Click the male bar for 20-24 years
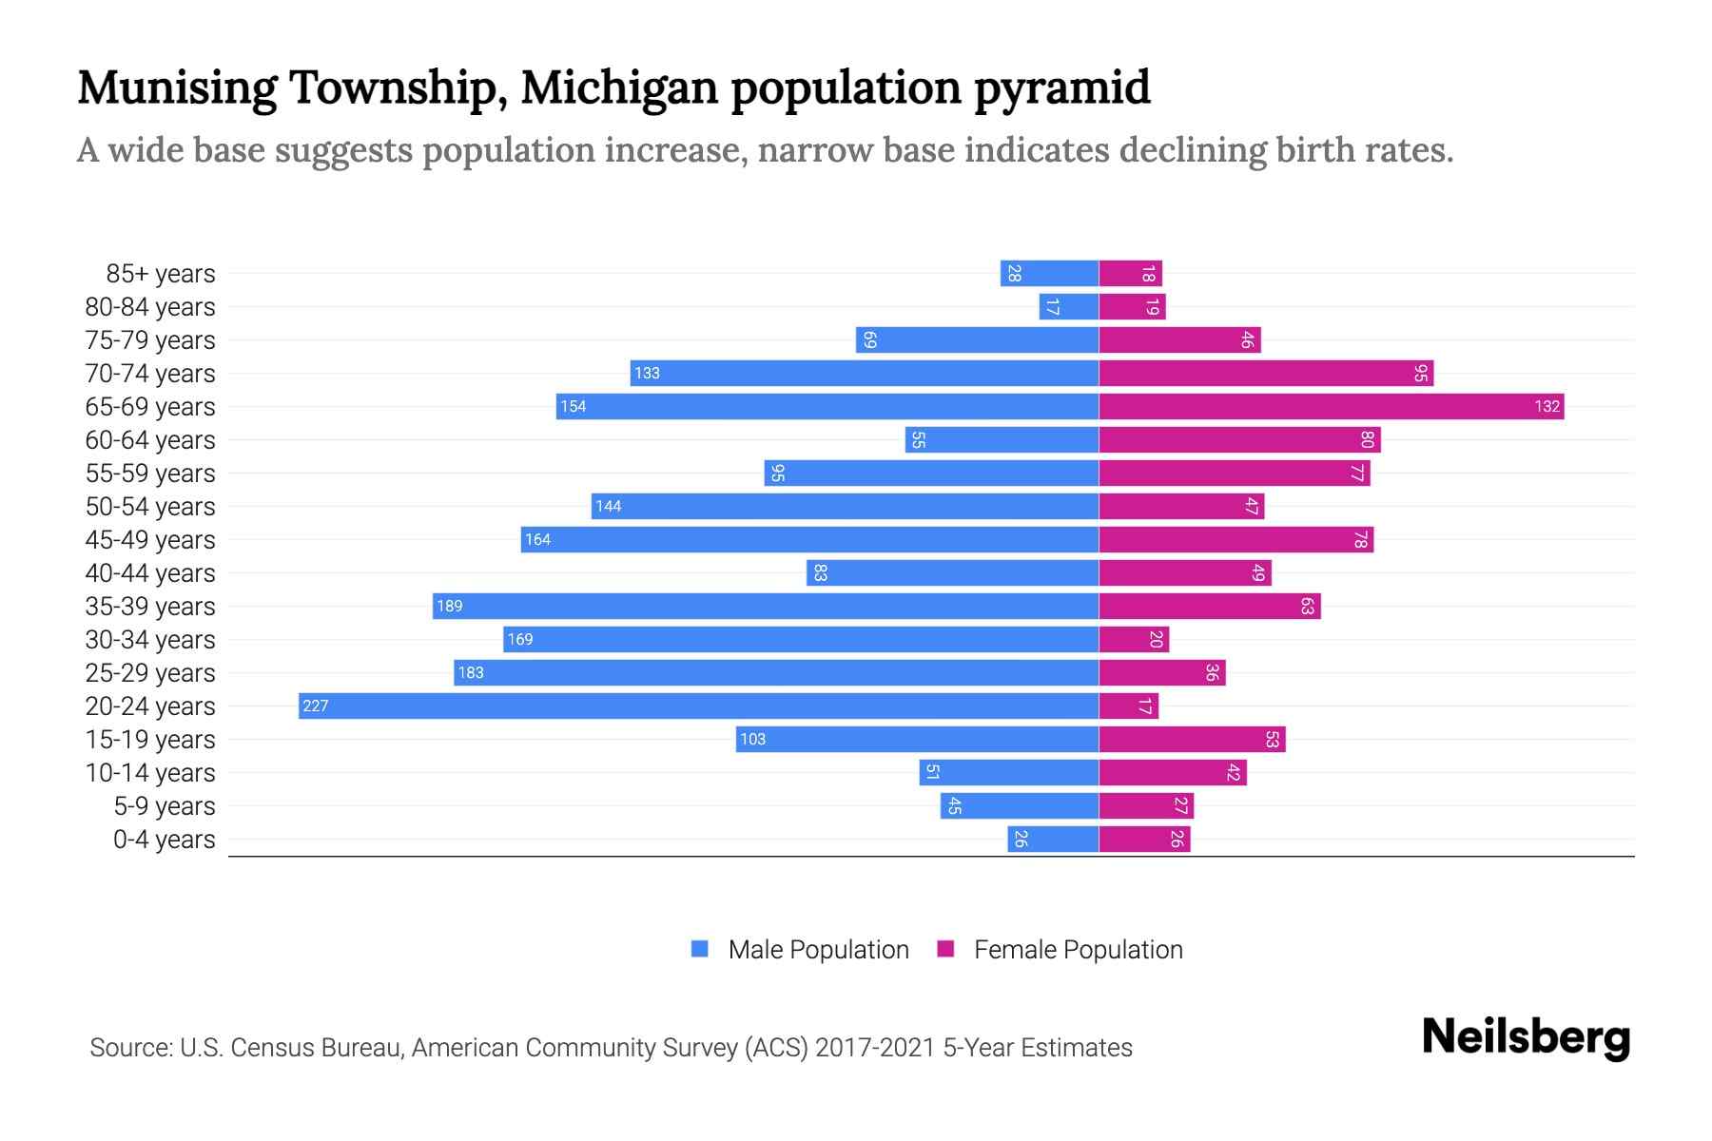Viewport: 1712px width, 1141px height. [x=699, y=706]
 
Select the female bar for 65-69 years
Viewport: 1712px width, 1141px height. [x=1332, y=406]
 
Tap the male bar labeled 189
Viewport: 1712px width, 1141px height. [x=766, y=606]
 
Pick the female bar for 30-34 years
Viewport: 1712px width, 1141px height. [x=1134, y=639]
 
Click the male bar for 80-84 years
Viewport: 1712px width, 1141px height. [x=1069, y=306]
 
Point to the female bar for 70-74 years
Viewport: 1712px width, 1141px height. [x=1266, y=373]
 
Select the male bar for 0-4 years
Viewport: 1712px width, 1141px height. [x=1053, y=839]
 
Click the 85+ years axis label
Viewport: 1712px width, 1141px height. [x=161, y=274]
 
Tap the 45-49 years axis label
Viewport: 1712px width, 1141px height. [x=150, y=540]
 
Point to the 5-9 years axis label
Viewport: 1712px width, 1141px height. [x=165, y=806]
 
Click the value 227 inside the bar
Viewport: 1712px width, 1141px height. [x=315, y=706]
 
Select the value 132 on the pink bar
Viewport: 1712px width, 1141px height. [x=1547, y=406]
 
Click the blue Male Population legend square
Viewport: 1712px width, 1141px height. [x=700, y=949]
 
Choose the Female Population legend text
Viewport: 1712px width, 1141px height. [x=1078, y=949]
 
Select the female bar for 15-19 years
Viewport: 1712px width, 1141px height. [x=1192, y=739]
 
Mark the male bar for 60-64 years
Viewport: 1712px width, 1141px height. [x=1002, y=439]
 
